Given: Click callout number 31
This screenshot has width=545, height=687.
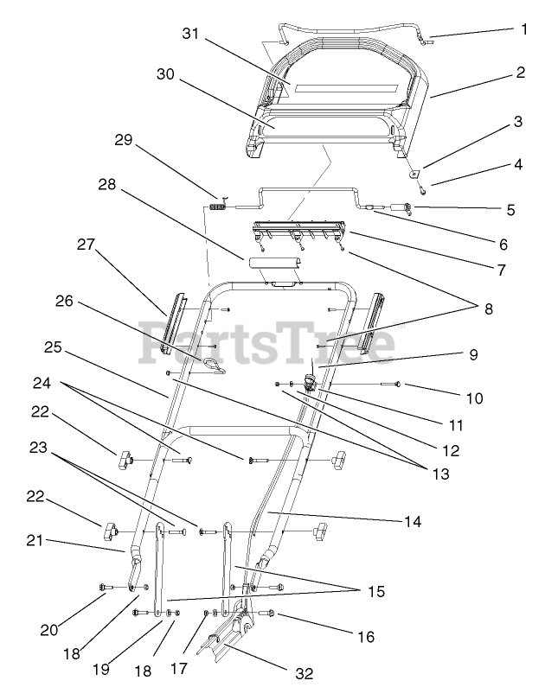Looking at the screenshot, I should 190,34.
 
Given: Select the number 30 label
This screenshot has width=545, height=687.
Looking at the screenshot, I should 165,74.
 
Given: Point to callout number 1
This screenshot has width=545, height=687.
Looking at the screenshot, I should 523,29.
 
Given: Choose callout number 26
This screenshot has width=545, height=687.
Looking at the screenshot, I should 66,302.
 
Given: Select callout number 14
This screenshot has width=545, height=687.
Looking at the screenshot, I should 412,521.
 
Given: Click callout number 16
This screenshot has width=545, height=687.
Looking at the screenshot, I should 365,637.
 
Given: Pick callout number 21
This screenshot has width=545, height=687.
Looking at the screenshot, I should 34,541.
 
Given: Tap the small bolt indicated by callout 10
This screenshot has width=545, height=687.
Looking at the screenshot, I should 396,383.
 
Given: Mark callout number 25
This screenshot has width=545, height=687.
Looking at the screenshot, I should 53,347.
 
